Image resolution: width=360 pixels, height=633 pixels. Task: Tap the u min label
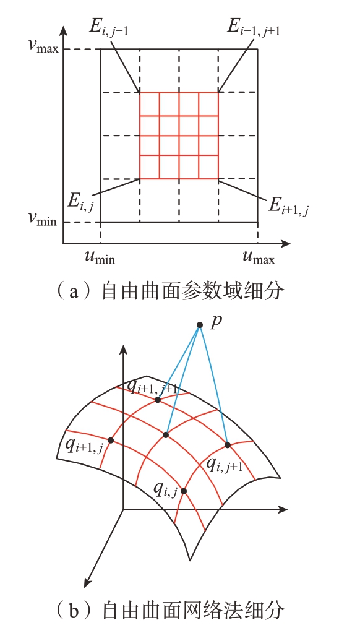click(98, 257)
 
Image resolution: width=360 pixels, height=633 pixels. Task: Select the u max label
click(259, 257)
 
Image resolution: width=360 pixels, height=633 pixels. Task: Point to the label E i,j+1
click(108, 30)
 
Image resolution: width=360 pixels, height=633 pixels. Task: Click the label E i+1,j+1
click(254, 30)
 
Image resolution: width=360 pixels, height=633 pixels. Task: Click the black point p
click(199, 325)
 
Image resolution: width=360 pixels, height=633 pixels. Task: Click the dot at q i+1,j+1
click(158, 400)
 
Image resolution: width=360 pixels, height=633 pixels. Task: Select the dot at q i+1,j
click(111, 440)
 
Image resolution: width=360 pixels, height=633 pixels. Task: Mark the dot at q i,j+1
click(228, 445)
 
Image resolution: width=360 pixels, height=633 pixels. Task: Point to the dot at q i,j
click(184, 491)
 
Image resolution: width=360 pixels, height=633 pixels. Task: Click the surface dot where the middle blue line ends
click(166, 435)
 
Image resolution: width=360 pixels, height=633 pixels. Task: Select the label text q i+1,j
click(82, 447)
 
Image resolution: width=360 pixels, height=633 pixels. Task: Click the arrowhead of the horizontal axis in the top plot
click(286, 244)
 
